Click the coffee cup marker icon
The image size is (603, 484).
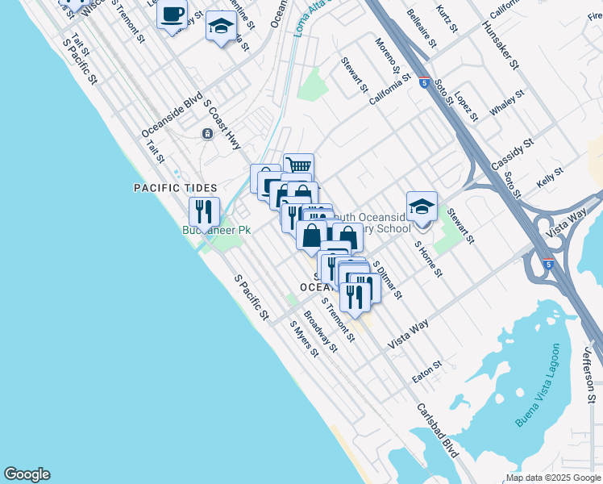173,15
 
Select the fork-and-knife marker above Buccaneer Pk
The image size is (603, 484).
204,211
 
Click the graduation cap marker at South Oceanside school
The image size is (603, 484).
422,206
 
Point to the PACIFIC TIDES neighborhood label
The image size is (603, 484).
175,188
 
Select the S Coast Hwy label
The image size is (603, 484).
222,125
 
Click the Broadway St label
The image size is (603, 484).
320,332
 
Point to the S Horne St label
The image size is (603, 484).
428,258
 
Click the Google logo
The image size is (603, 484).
27,474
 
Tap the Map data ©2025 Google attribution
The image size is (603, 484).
553,478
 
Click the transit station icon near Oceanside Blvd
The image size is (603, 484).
207,133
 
